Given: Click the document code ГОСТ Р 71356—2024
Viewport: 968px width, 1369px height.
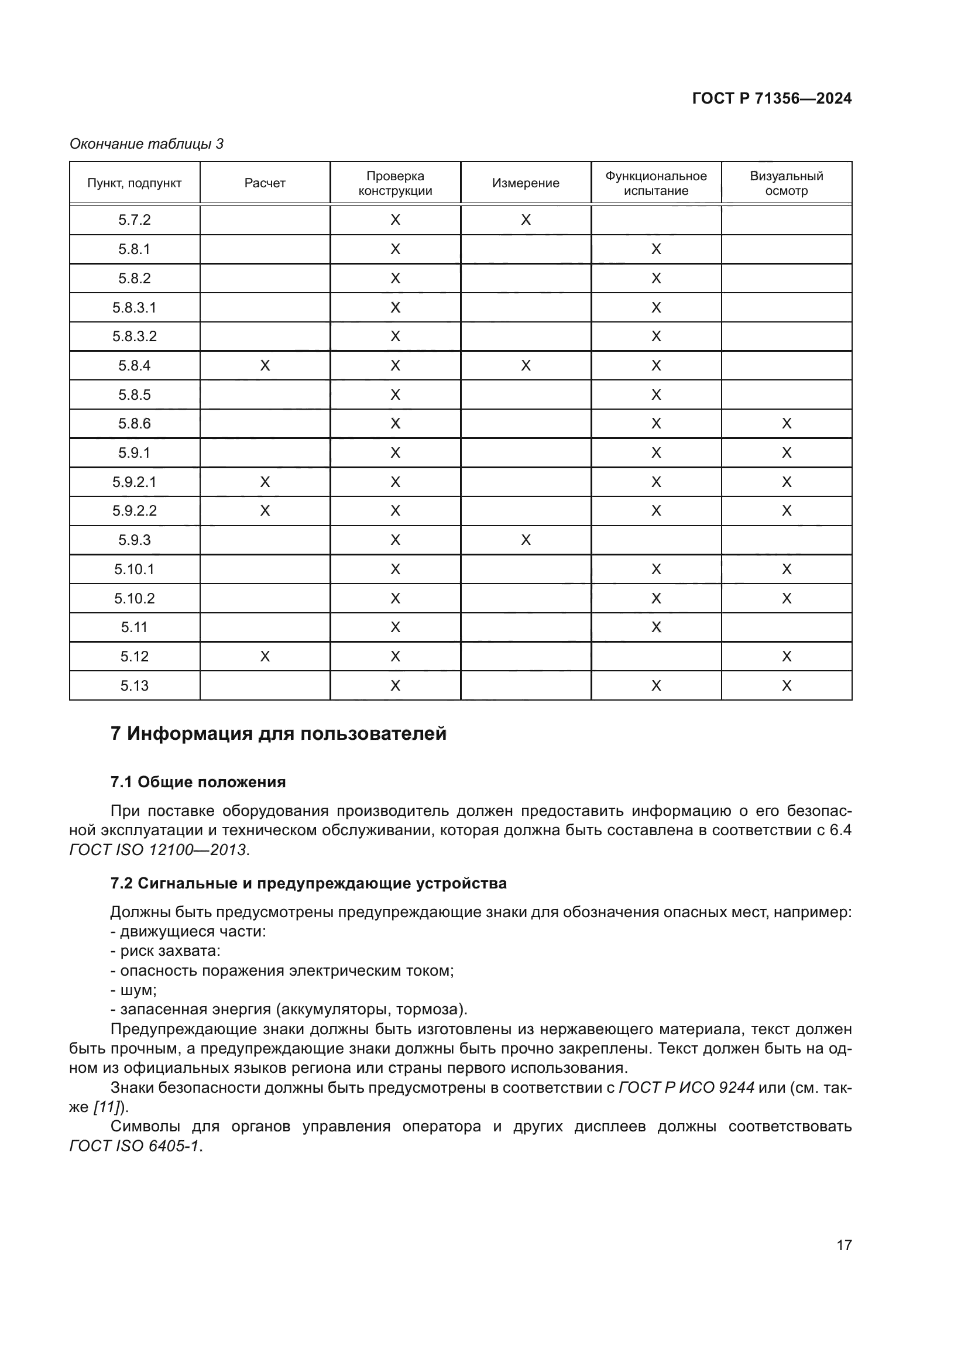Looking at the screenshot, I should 771,98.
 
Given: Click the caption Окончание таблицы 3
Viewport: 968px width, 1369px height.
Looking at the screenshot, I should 146,144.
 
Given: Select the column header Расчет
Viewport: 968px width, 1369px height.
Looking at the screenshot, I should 265,183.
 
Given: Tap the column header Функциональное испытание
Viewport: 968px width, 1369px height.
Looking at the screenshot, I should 655,183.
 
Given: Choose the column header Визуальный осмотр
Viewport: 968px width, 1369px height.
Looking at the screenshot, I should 786,183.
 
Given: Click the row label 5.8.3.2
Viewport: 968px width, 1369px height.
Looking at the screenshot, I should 134,337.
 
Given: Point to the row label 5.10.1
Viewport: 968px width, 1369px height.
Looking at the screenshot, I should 134,569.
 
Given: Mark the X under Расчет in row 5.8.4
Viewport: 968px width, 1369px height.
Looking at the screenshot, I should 265,365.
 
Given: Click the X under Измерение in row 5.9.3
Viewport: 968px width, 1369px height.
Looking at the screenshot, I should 526,540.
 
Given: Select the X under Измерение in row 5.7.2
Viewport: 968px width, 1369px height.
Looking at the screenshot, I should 526,220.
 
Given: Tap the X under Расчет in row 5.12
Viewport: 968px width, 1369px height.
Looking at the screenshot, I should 265,657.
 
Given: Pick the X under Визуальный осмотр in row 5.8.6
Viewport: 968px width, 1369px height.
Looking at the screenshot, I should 786,424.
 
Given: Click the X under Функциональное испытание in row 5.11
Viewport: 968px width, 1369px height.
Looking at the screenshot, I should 655,627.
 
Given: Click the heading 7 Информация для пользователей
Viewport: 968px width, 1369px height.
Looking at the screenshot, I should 279,733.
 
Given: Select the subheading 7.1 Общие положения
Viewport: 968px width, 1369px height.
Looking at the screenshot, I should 198,783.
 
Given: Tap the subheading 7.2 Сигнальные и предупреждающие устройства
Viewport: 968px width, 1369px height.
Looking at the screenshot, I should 308,884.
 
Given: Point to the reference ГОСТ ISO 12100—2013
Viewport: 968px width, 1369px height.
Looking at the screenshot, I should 159,850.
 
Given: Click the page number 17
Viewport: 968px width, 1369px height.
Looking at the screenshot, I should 843,1245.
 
